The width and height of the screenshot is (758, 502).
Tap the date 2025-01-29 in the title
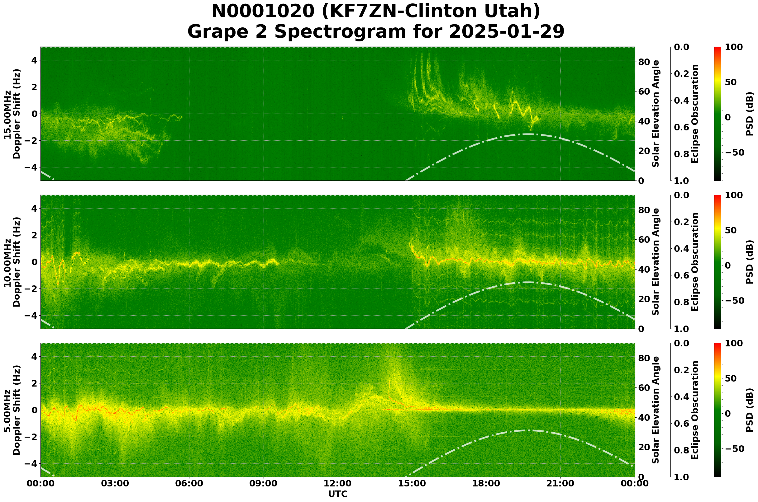(x=506, y=32)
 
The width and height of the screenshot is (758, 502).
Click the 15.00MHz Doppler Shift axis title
(x=12, y=114)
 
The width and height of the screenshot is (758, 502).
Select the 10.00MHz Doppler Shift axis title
(x=12, y=262)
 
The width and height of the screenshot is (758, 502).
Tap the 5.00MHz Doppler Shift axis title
(x=12, y=410)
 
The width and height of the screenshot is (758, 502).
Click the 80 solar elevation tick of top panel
(x=644, y=62)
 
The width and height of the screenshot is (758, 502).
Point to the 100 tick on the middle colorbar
(x=734, y=195)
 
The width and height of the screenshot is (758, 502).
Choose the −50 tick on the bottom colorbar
(x=735, y=449)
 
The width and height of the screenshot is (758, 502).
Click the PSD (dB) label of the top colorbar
(x=749, y=114)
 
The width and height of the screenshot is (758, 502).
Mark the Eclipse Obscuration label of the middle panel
(x=694, y=262)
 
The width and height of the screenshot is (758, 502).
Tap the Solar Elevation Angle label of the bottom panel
(x=656, y=410)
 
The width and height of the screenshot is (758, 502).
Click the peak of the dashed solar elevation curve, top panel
(x=528, y=134)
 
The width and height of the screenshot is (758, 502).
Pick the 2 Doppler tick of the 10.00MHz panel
(x=34, y=235)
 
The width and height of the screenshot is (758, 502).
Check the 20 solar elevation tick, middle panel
(x=644, y=299)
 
